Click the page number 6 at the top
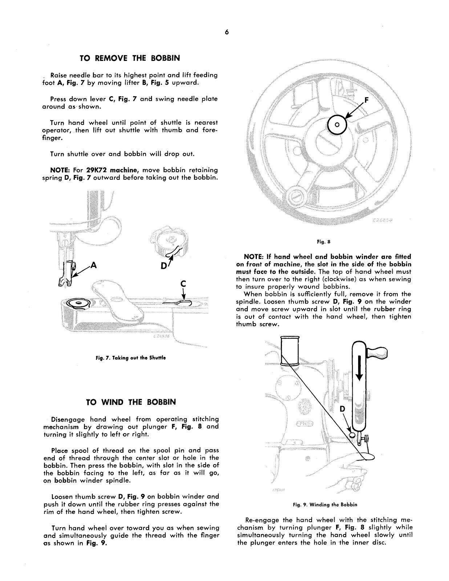pyautogui.click(x=226, y=32)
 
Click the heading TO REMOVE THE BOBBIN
pyautogui.click(x=130, y=58)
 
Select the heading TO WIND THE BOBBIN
pyautogui.click(x=131, y=402)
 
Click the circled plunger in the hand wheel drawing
pyautogui.click(x=337, y=125)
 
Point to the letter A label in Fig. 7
pyautogui.click(x=94, y=265)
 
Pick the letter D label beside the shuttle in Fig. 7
pyautogui.click(x=164, y=266)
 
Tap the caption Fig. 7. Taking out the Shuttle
pyautogui.click(x=131, y=358)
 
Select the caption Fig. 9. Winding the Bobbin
pyautogui.click(x=325, y=504)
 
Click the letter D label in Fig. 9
pyautogui.click(x=342, y=409)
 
